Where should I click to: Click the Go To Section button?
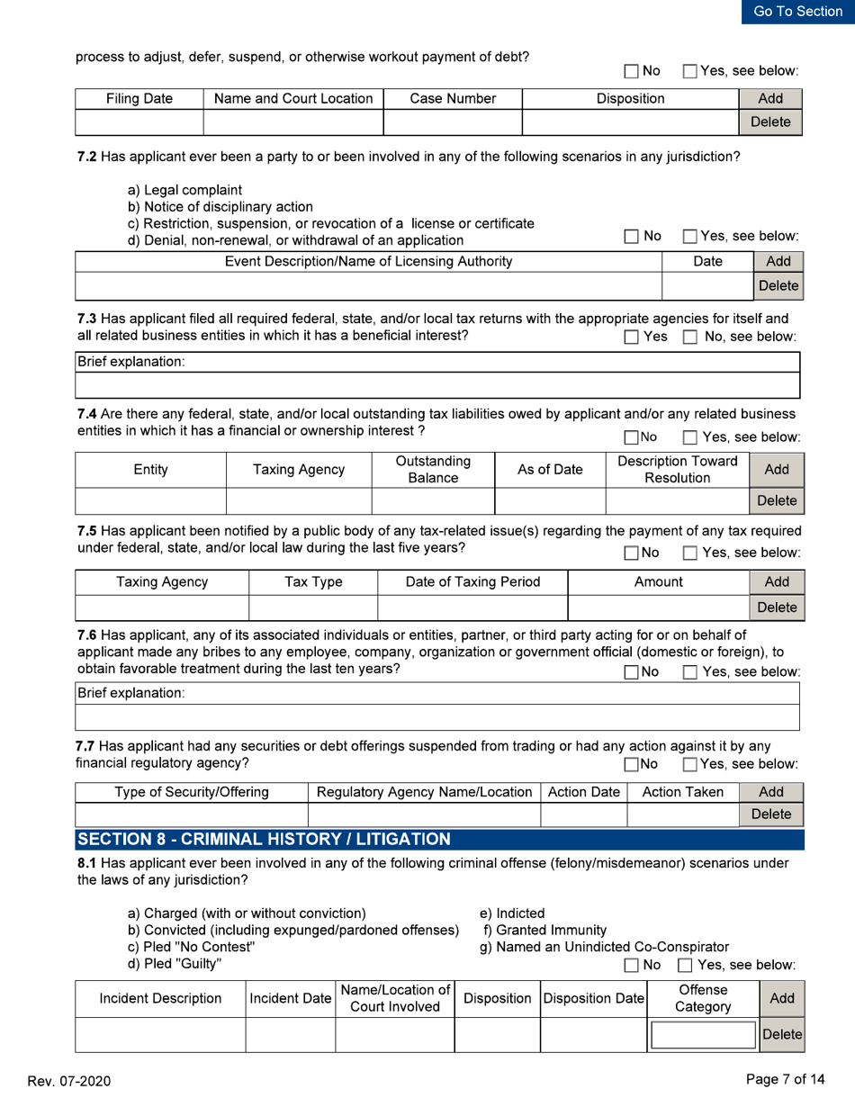798,12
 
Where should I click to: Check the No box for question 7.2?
631,237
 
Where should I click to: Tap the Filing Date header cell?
139,98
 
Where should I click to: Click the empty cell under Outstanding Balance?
434,499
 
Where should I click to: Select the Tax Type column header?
312,582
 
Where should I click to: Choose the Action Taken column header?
682,791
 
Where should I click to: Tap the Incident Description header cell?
160,1000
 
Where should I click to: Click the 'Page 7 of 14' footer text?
786,1079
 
